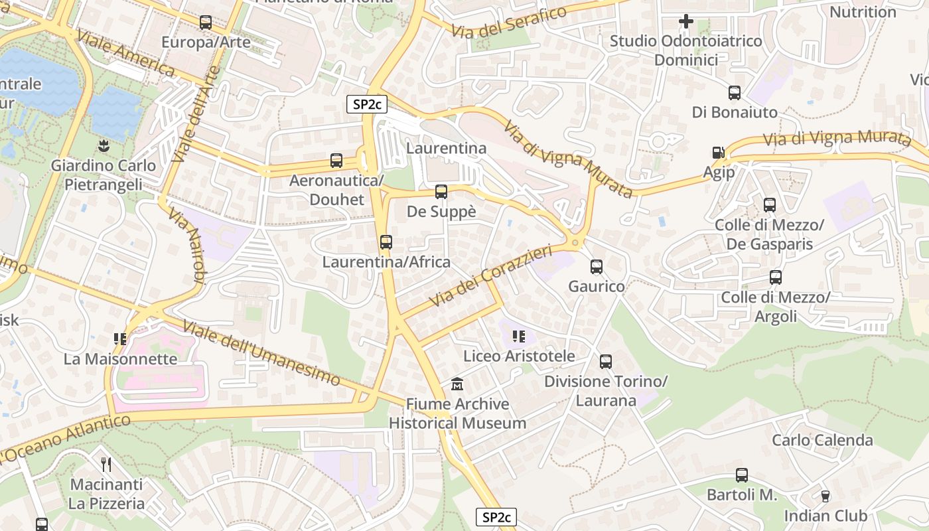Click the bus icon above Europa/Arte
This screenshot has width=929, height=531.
pyautogui.click(x=206, y=23)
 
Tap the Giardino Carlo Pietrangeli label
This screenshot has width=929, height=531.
pyautogui.click(x=104, y=175)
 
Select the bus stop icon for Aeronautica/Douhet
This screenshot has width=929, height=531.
pyautogui.click(x=336, y=161)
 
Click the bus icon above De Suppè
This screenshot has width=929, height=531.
pyautogui.click(x=441, y=192)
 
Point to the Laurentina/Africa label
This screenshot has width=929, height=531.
pyautogui.click(x=386, y=262)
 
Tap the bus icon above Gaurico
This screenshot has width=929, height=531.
pyautogui.click(x=597, y=267)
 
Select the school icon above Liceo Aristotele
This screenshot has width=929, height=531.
pyautogui.click(x=519, y=337)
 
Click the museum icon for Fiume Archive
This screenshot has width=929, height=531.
pyautogui.click(x=457, y=384)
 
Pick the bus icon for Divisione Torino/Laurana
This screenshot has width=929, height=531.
pyautogui.click(x=606, y=362)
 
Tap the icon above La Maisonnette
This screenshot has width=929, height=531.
pyautogui.click(x=120, y=339)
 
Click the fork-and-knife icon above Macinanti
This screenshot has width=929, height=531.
pyautogui.click(x=106, y=463)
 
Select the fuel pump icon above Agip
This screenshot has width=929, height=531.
pyautogui.click(x=719, y=153)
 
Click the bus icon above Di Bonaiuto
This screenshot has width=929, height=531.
pyautogui.click(x=735, y=93)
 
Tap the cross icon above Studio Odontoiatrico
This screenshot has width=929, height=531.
pyautogui.click(x=686, y=22)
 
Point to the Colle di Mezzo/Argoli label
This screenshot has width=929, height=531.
pyautogui.click(x=776, y=307)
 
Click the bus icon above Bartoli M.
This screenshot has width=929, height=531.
pyautogui.click(x=742, y=475)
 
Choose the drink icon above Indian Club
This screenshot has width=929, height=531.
pyautogui.click(x=825, y=496)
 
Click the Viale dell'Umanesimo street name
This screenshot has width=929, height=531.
pyautogui.click(x=261, y=354)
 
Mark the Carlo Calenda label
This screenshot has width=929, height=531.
pyautogui.click(x=822, y=440)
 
